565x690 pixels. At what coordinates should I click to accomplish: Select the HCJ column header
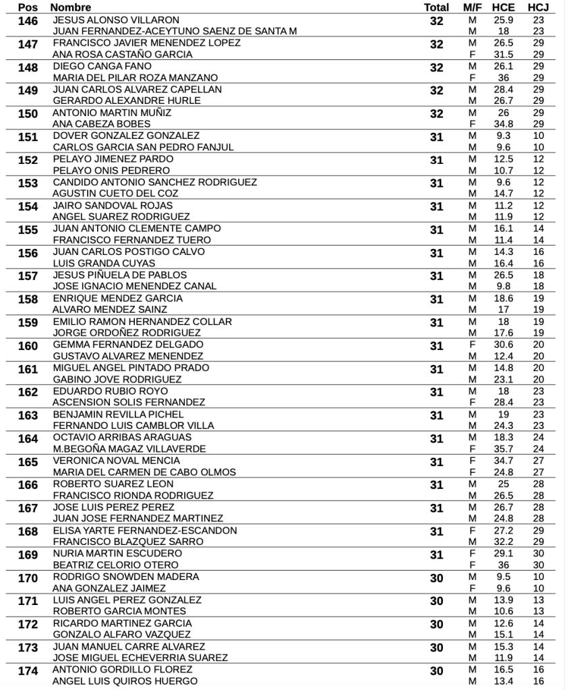point(537,7)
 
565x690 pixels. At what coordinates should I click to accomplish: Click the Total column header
point(436,7)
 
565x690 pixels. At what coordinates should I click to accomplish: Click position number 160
point(28,347)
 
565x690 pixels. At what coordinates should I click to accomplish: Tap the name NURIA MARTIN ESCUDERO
point(117,553)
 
